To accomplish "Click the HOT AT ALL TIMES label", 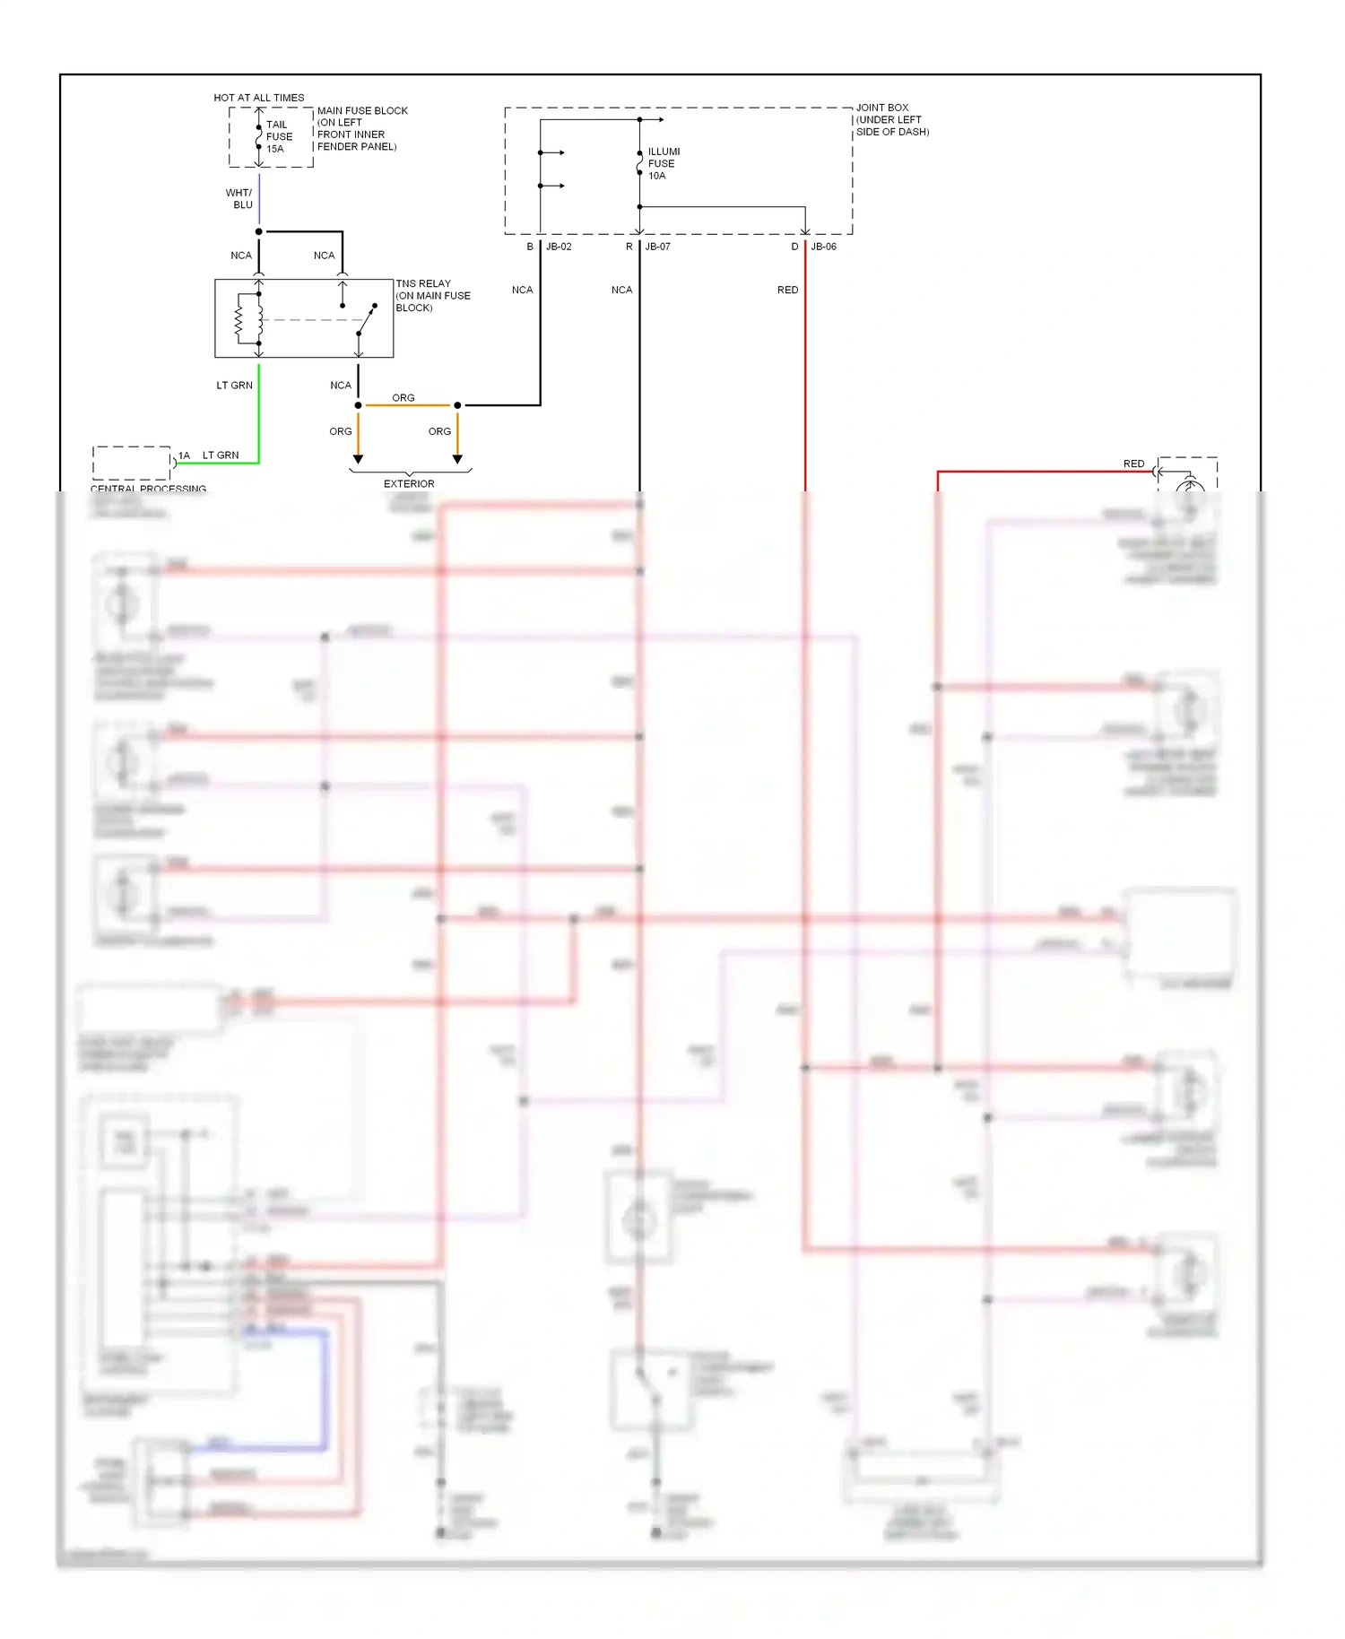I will (x=258, y=98).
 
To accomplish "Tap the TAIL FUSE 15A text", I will (x=278, y=137).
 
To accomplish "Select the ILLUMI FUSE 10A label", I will (x=664, y=164).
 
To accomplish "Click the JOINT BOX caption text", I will (x=891, y=119).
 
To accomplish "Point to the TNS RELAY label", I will (x=432, y=296).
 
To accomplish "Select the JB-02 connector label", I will (x=559, y=247).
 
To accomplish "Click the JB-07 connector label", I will (x=657, y=247).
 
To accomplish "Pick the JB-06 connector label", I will (x=823, y=247).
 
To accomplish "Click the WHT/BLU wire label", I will (x=239, y=199).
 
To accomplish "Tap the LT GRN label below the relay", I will (x=234, y=386).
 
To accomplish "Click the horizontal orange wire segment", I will (x=408, y=405).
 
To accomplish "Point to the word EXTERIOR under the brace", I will (x=409, y=484).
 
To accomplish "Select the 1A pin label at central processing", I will (x=184, y=455).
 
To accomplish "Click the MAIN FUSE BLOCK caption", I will (x=361, y=128).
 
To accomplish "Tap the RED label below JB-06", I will (x=787, y=291).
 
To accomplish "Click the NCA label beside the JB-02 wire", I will (x=522, y=291).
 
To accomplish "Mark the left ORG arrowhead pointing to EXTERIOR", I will (x=358, y=459).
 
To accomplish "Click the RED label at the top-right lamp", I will (x=1133, y=464).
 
